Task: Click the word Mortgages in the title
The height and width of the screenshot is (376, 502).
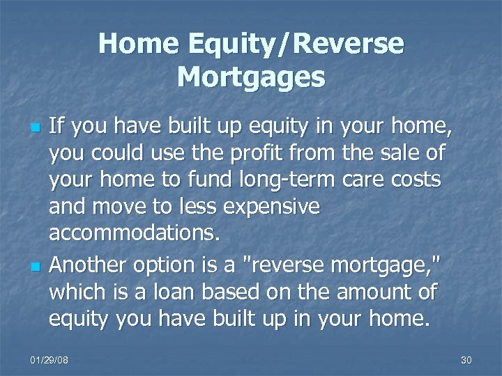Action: [251, 77]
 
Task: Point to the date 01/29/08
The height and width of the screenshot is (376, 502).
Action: [49, 359]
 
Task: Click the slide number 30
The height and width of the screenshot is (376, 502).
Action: [466, 359]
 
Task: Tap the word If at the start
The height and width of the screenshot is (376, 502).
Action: [57, 127]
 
